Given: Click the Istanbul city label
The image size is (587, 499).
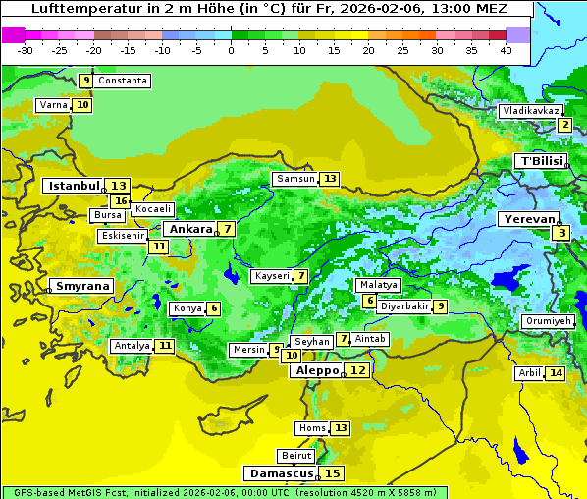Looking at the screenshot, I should coord(75,186).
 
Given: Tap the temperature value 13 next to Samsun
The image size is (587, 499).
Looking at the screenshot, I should coord(329,179).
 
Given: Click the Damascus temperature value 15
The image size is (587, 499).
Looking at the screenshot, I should coord(333,473).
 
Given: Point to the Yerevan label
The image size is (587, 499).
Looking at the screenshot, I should coord(528,220).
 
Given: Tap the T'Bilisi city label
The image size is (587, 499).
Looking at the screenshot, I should coord(541,161).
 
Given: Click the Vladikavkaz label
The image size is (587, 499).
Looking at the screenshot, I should coord(530,111).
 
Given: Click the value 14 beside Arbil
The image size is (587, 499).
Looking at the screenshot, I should coord(556,373).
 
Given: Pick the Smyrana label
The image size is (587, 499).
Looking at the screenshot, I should coord(82,287).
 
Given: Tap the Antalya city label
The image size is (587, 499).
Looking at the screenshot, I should coord(132,346).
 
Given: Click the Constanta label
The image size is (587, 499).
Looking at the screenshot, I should coord(124,81).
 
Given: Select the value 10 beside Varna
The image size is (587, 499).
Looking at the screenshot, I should coord(82,105).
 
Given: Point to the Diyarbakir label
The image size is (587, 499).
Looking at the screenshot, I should coord(404,306).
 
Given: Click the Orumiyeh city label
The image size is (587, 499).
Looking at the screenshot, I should coord(548,321).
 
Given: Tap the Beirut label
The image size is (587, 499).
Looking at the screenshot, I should coord(296,456).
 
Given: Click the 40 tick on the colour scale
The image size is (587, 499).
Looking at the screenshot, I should coord(506,50).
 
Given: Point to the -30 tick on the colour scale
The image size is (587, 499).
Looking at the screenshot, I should coord(26,50).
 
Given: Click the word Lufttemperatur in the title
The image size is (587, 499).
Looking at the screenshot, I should coord(79,9).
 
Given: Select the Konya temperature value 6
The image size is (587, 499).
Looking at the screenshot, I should coord(214,308).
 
